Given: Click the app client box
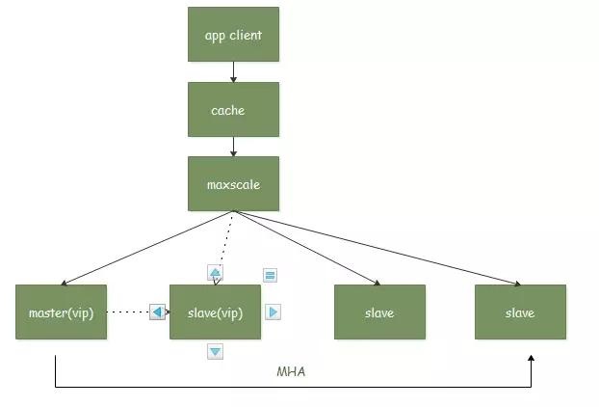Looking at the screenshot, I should (233, 35).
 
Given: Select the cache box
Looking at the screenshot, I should (233, 109).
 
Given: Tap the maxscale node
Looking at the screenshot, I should (233, 183).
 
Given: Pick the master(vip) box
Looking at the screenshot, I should (61, 312).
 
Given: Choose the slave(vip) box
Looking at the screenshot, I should (215, 312).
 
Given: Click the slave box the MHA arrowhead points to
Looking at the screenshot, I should (520, 312).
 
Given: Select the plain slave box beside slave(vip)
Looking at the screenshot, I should (379, 312).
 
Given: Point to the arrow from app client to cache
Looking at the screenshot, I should (233, 71).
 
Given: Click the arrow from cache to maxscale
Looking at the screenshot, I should (233, 146).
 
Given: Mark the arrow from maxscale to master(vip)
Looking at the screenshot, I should (144, 248).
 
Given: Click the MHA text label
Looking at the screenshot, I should (291, 371).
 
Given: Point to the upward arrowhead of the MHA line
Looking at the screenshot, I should (531, 359).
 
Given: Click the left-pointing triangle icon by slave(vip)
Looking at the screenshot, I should (158, 312).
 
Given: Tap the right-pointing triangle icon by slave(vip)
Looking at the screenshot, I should (273, 312).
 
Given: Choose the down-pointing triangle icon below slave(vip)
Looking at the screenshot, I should (216, 352).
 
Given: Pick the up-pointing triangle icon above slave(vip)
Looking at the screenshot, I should (216, 273).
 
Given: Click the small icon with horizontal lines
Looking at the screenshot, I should (271, 275).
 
